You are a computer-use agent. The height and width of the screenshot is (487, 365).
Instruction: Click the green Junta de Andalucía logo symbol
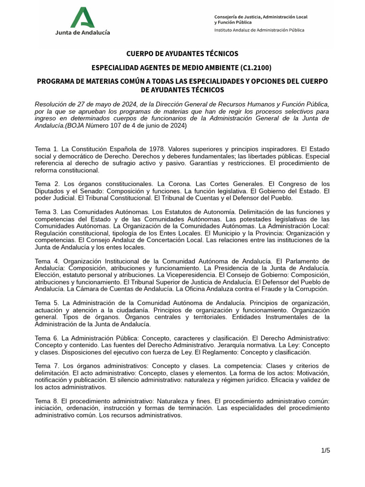(83, 17)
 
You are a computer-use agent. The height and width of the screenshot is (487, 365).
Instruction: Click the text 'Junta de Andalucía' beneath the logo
(83, 32)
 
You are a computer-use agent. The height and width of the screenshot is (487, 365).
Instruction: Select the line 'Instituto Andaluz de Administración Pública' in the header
(259, 29)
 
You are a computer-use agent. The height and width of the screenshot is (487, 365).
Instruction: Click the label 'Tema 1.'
(47, 149)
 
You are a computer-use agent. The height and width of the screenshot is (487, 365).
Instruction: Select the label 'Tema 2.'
(47, 184)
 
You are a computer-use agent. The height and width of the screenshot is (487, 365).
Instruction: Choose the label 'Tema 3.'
(47, 212)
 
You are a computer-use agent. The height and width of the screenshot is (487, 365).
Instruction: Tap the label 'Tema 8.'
(47, 401)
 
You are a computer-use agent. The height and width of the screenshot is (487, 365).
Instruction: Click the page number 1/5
(325, 450)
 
